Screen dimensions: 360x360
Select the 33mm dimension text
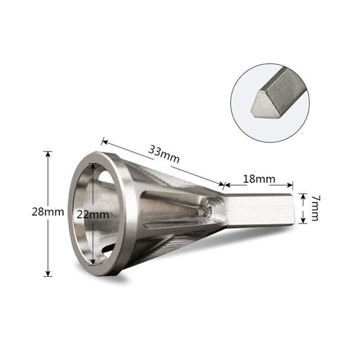click(165, 153)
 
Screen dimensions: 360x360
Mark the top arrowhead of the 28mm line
click(47, 154)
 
